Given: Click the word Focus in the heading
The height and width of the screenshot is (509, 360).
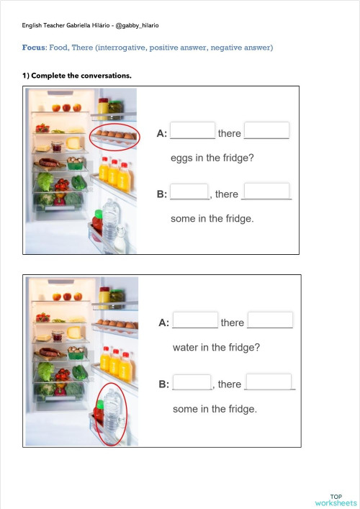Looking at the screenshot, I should click(x=34, y=48).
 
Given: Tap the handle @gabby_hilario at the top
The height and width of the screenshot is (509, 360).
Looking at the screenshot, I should click(x=137, y=26).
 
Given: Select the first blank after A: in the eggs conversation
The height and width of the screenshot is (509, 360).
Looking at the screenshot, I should click(x=193, y=131).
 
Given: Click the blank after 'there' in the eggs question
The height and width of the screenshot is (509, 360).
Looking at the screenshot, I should click(x=267, y=131).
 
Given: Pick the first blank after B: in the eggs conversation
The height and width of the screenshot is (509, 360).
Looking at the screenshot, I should click(x=189, y=192).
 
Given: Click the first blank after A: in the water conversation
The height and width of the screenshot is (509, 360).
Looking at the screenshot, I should click(x=196, y=320).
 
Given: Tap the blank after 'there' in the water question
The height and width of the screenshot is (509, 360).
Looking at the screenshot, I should click(x=270, y=320).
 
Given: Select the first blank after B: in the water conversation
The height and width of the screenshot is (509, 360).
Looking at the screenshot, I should click(x=192, y=383).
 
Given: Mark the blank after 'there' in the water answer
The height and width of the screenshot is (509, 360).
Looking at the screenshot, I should click(x=269, y=382).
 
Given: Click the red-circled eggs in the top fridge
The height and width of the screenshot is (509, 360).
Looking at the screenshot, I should click(x=115, y=136).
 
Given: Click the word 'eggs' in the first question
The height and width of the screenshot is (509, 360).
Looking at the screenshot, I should click(x=182, y=158).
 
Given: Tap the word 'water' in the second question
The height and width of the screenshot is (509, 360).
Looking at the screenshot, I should click(x=186, y=347).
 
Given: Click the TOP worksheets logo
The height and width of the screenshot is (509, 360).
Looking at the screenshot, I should click(x=336, y=499).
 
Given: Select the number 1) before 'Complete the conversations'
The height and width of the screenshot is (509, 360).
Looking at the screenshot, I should click(x=26, y=75).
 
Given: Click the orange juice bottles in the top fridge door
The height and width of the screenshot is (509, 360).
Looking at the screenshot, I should click(x=115, y=174).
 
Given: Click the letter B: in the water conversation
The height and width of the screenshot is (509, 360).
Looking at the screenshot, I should click(x=163, y=384).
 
